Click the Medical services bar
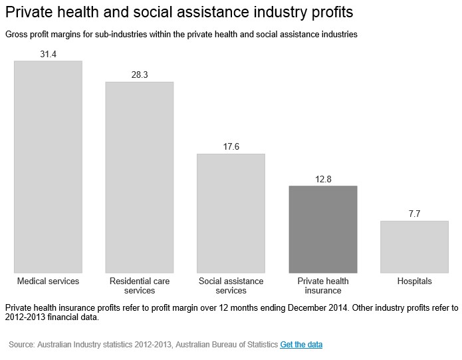tap(48, 166)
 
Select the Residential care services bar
tap(140, 177)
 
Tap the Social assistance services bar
tap(231, 213)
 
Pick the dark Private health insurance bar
tap(323, 229)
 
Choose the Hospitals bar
tap(414, 246)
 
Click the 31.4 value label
tap(48, 54)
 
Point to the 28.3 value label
tap(140, 75)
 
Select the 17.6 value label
tap(231, 147)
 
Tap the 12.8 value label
tap(323, 179)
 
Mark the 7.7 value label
tap(414, 214)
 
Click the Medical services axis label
tap(48, 281)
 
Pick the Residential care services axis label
tap(140, 285)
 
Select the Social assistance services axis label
tap(231, 285)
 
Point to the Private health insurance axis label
tap(323, 285)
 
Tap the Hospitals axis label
tap(414, 281)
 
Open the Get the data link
tap(302, 345)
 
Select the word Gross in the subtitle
tap(16, 34)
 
